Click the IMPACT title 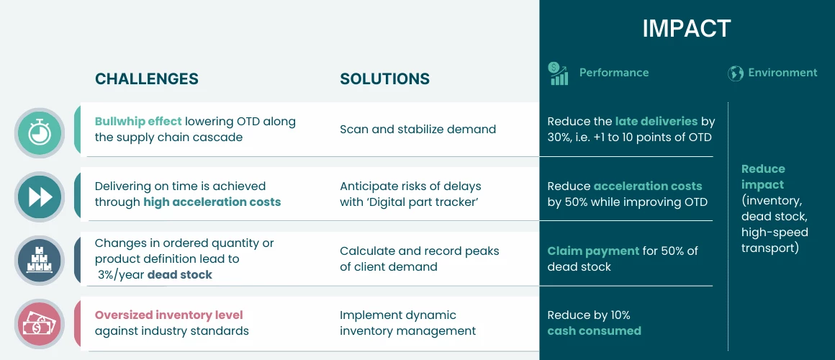pyautogui.click(x=687, y=28)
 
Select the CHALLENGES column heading pyautogui.click(x=146, y=78)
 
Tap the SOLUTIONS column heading pyautogui.click(x=384, y=78)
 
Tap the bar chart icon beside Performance pyautogui.click(x=558, y=73)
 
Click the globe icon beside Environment pyautogui.click(x=736, y=73)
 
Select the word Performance pyautogui.click(x=614, y=73)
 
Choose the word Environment pyautogui.click(x=782, y=73)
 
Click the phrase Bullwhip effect pyautogui.click(x=138, y=121)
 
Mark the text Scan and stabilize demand pyautogui.click(x=418, y=129)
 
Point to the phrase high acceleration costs pyautogui.click(x=212, y=202)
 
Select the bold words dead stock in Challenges pyautogui.click(x=179, y=275)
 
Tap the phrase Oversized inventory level pyautogui.click(x=169, y=315)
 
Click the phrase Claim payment pyautogui.click(x=593, y=251)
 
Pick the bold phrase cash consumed pyautogui.click(x=595, y=330)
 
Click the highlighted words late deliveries pyautogui.click(x=656, y=121)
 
